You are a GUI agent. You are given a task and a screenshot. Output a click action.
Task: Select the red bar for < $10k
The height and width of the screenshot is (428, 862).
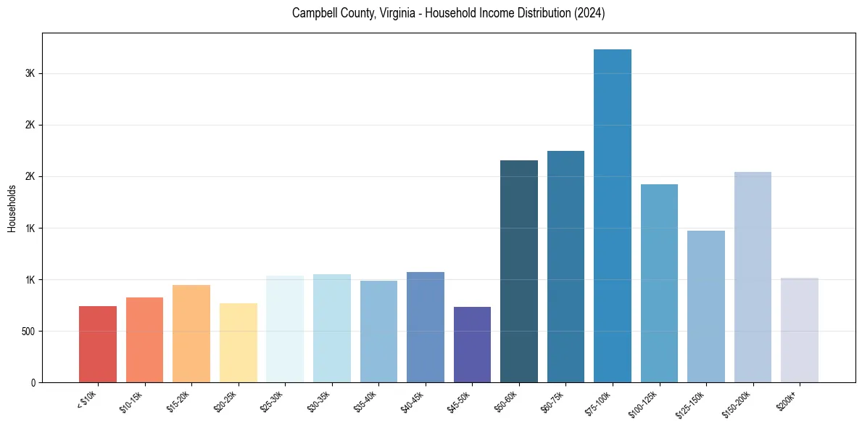(98, 344)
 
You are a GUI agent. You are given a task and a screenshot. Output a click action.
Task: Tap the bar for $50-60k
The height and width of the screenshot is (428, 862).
(519, 271)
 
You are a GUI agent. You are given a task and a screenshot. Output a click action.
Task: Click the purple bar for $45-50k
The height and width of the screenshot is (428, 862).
(472, 345)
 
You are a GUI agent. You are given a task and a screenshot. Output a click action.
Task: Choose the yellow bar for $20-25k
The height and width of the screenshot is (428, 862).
(239, 342)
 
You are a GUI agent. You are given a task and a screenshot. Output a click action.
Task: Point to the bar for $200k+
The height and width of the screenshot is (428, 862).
(799, 330)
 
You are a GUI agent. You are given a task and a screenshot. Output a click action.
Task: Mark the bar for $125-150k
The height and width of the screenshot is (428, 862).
(706, 306)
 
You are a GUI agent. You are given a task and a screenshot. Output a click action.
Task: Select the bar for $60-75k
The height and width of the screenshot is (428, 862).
(565, 266)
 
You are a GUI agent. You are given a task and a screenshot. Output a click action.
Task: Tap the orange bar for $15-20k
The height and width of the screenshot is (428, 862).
(191, 334)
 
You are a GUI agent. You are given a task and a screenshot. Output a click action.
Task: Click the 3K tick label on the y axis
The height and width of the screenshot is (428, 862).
(30, 73)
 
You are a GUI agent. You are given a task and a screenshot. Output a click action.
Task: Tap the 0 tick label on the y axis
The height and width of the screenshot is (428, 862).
(33, 382)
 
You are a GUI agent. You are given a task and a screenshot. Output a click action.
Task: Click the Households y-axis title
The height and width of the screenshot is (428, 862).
(12, 208)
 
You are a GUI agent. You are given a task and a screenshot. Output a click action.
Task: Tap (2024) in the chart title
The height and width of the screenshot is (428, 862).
(590, 13)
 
